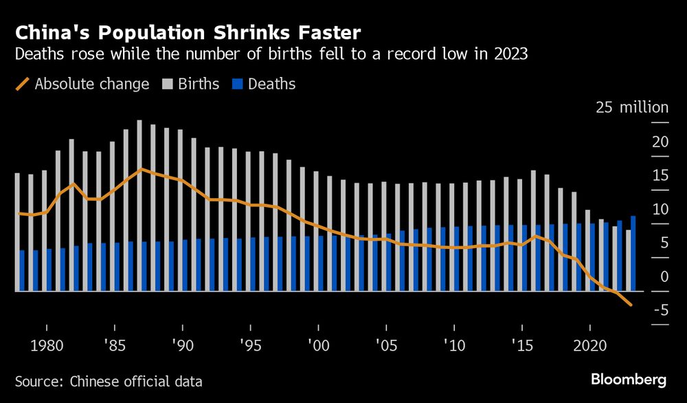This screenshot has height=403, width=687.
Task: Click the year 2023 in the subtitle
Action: tap(511, 54)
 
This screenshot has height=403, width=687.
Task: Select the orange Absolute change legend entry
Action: tap(82, 84)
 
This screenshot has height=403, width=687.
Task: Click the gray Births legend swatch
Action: tap(167, 84)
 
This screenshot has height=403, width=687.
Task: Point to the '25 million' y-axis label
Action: tap(631, 108)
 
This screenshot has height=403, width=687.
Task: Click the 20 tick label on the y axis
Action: tap(660, 142)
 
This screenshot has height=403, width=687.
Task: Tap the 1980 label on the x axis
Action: tap(47, 344)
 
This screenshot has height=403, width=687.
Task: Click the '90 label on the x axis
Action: tap(182, 344)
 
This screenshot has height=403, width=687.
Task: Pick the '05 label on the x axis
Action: tap(385, 344)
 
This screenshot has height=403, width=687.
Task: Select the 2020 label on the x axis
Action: tap(589, 344)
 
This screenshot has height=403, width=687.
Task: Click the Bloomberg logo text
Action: tap(629, 380)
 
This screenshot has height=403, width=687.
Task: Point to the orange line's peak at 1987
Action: tap(141, 168)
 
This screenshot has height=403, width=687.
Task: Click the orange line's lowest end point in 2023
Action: tap(630, 306)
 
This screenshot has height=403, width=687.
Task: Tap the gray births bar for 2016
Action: tap(533, 230)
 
